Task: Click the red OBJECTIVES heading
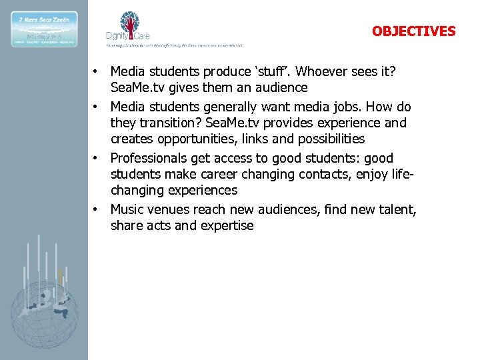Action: coord(413,31)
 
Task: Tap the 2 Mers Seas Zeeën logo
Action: coord(44,29)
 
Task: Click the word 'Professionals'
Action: coord(148,158)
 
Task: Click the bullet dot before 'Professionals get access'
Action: coord(96,158)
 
